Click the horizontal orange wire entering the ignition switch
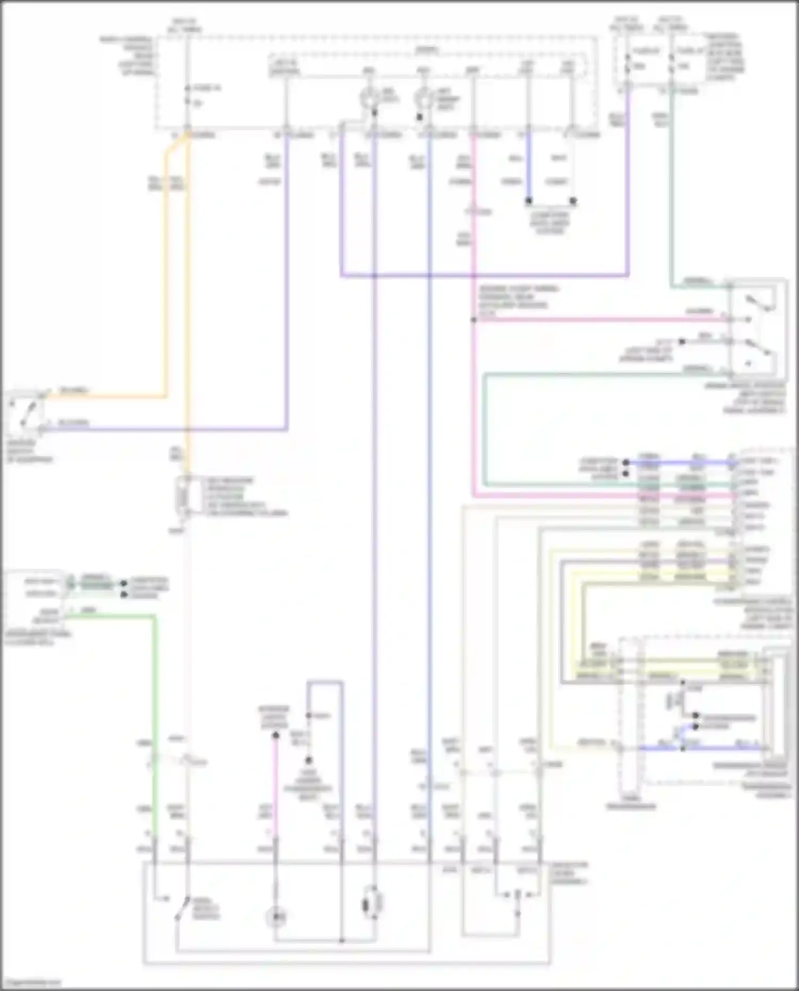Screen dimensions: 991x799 (107, 397)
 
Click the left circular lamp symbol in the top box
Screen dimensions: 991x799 (368, 97)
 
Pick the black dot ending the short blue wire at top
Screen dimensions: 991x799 (528, 201)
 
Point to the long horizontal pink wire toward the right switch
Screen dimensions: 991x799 (597, 320)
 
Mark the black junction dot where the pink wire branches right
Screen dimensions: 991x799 (473, 320)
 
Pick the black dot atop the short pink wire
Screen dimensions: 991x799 (275, 735)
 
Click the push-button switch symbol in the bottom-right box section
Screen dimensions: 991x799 (517, 895)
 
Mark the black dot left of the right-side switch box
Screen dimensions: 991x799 (681, 341)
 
